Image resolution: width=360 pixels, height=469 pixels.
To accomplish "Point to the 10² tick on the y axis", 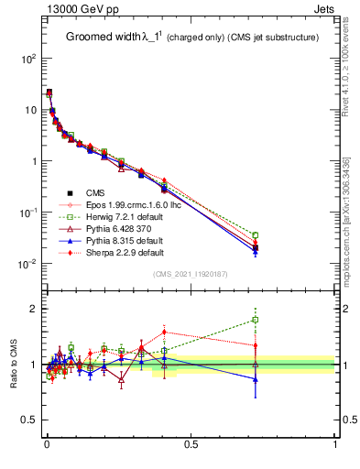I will point(27,58).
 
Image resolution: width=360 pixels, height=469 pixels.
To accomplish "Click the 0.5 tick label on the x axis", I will point(191,443).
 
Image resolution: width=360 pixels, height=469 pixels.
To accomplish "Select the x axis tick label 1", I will point(334,443).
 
